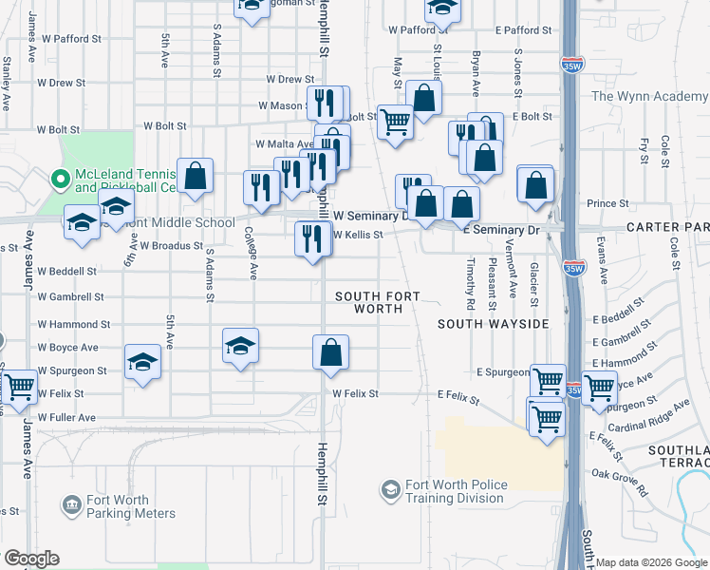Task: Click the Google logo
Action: [x=31, y=559]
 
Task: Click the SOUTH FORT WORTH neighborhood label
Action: [x=377, y=302]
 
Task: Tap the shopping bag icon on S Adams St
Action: [x=195, y=176]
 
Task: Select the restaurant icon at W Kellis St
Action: [x=312, y=238]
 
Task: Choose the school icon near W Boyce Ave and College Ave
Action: [x=240, y=346]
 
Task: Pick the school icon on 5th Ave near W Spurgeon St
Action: [x=142, y=363]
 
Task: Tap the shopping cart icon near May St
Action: [x=395, y=122]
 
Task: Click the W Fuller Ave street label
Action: [x=66, y=418]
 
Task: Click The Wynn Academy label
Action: [x=650, y=96]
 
